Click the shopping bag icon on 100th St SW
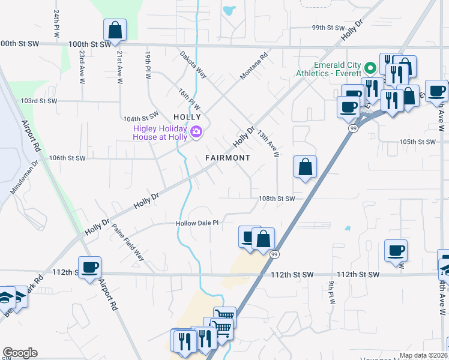(x=114, y=30)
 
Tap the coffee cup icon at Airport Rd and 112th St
(x=89, y=268)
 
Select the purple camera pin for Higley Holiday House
(x=196, y=132)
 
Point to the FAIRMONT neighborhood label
(x=228, y=158)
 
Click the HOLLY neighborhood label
(x=187, y=116)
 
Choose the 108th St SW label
(x=277, y=199)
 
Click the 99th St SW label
(x=328, y=28)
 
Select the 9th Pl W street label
(x=331, y=293)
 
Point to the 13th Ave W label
(x=268, y=145)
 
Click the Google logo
(x=20, y=353)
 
